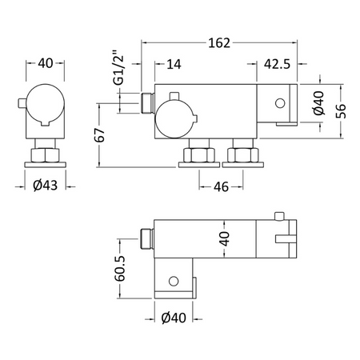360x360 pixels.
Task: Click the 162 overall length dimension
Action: (x=219, y=43)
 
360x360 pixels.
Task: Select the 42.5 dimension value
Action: (x=277, y=64)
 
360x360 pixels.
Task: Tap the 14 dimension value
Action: (x=174, y=64)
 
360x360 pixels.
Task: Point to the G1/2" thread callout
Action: (x=119, y=67)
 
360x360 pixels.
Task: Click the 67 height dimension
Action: (x=100, y=135)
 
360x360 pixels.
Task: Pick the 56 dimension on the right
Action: (x=341, y=111)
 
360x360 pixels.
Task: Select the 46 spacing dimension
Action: (x=221, y=187)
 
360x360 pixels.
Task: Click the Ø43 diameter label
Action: (x=46, y=186)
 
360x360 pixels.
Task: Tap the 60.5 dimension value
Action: (x=120, y=269)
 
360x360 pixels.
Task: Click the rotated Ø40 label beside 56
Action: (x=319, y=103)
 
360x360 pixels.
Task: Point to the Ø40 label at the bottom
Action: (x=174, y=318)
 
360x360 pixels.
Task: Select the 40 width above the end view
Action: (x=46, y=63)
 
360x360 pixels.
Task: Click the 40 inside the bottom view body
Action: (x=225, y=238)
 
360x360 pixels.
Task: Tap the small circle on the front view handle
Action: (x=280, y=103)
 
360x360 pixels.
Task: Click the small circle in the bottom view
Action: (x=174, y=281)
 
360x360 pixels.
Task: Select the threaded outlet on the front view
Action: (x=147, y=102)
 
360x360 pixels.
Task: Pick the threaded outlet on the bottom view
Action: (x=147, y=238)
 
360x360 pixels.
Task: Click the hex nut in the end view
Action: (x=45, y=155)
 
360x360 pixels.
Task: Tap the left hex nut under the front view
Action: (x=199, y=155)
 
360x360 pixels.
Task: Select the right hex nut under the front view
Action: (x=243, y=155)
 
